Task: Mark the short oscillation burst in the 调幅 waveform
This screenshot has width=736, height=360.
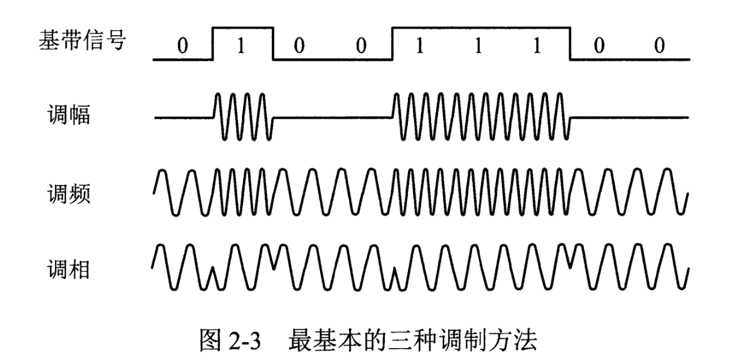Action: tap(243, 116)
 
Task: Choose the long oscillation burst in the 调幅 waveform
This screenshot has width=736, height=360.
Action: tap(480, 116)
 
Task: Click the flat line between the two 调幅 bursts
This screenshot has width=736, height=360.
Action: tap(332, 117)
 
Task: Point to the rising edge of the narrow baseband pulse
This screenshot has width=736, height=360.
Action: tap(213, 44)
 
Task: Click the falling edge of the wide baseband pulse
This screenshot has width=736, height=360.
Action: tap(570, 44)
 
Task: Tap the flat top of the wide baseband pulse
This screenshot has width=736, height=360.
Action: tap(480, 27)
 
